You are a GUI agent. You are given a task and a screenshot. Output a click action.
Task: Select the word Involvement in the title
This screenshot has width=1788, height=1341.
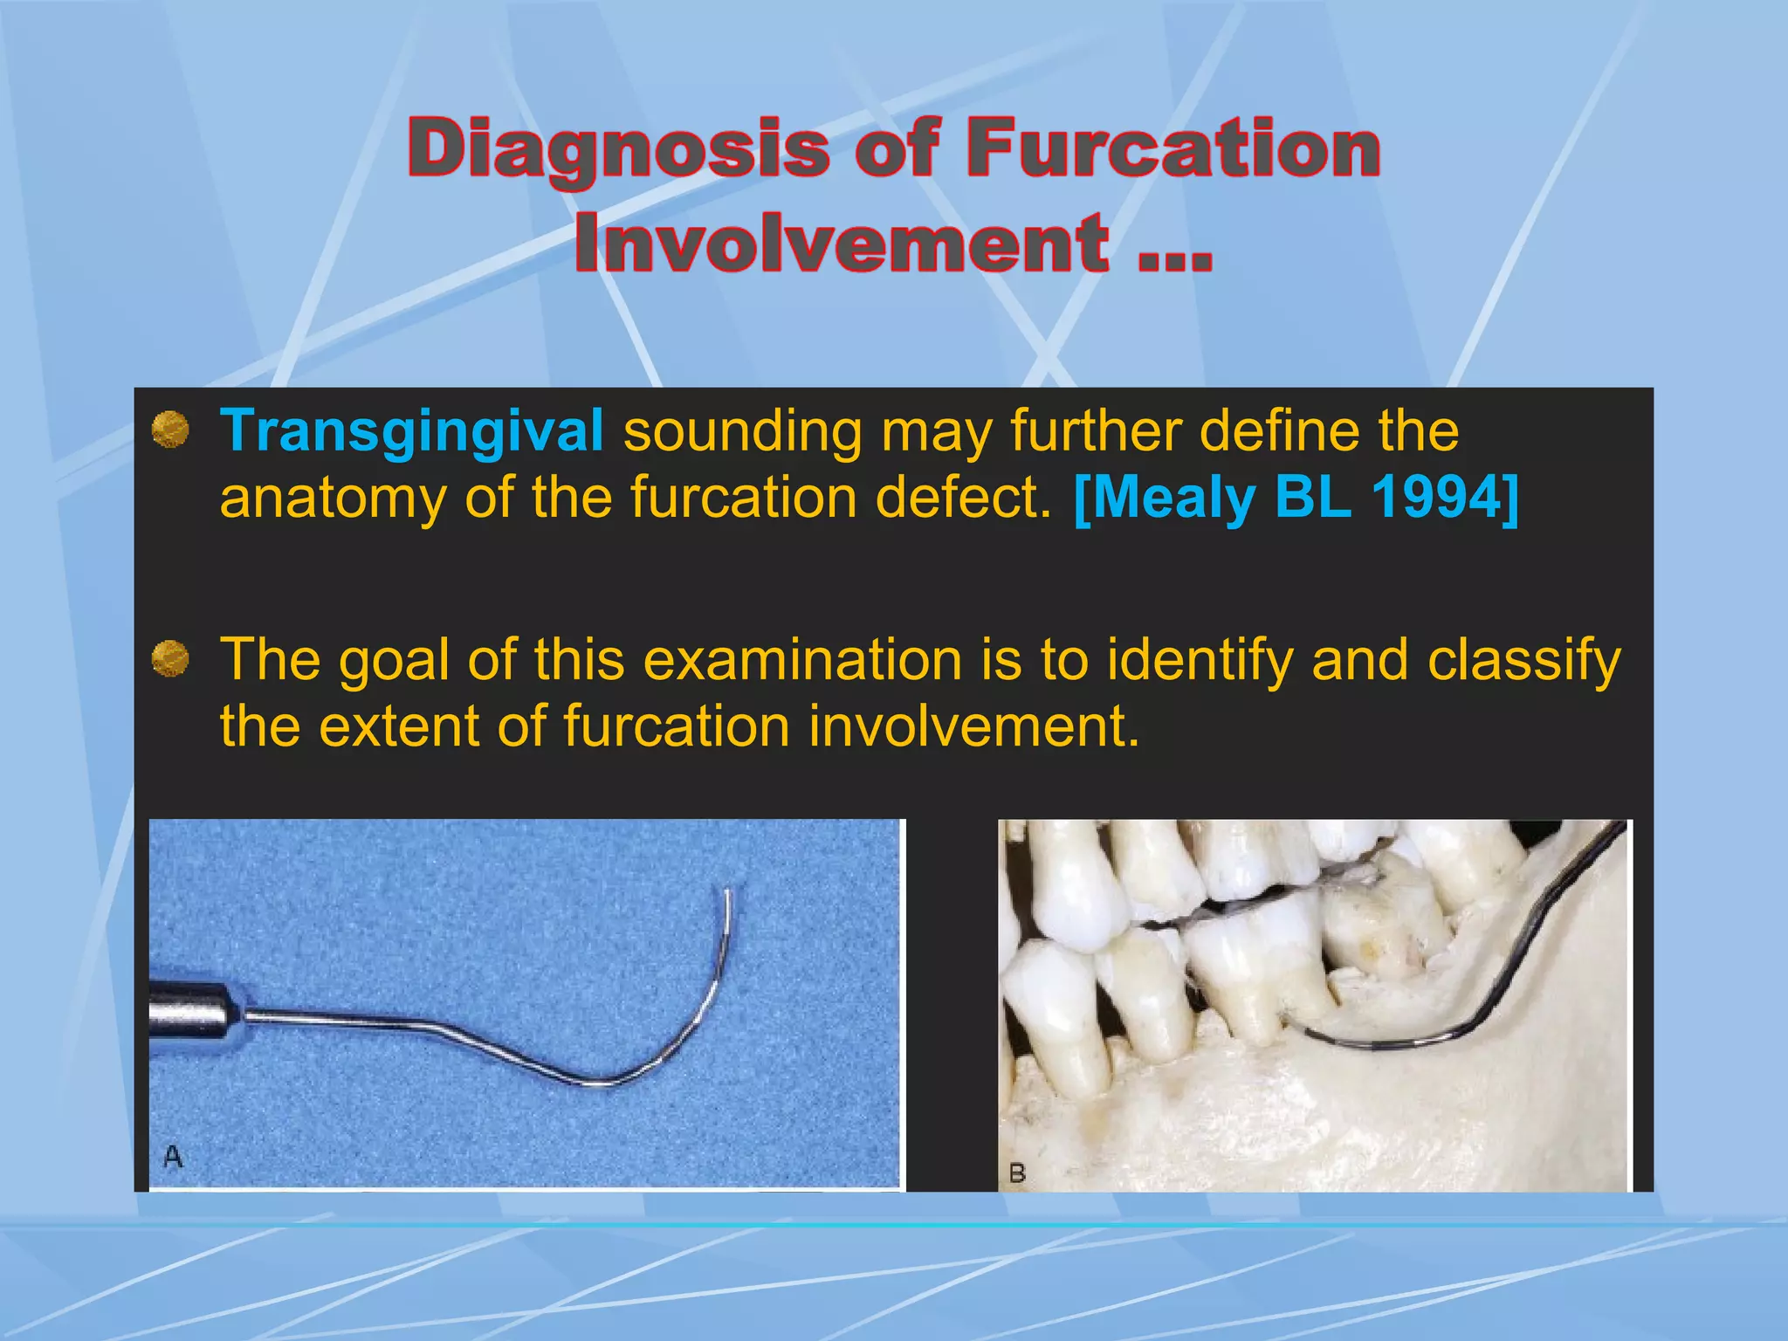point(842,244)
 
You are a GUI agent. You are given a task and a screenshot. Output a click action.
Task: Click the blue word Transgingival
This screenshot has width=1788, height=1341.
point(411,431)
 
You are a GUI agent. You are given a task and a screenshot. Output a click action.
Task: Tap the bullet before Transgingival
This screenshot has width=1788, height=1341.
point(170,430)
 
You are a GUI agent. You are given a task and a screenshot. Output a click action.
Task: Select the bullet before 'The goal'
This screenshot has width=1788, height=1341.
point(170,658)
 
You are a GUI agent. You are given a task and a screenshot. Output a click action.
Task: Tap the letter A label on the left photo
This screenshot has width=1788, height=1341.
point(173,1158)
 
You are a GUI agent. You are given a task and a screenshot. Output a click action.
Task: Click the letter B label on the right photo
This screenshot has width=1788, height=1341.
point(1017,1173)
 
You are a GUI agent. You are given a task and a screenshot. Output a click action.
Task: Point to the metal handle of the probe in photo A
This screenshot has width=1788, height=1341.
point(189,1013)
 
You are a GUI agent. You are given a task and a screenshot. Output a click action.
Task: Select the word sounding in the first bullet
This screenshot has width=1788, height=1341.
point(741,431)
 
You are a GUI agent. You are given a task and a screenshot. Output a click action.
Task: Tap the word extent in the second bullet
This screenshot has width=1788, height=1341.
point(398,726)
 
